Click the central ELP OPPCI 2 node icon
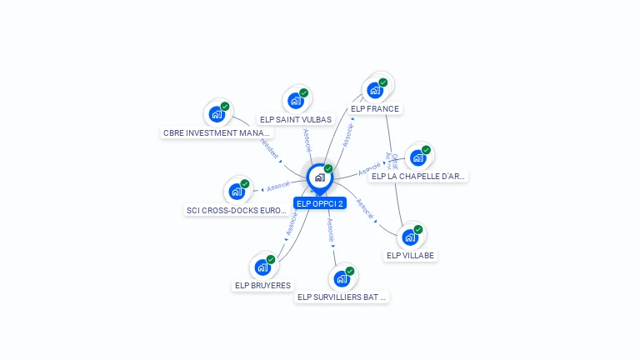pos(319,177)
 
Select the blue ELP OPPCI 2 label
pos(319,203)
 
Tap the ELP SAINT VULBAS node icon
pos(295,100)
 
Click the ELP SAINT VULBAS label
pos(295,120)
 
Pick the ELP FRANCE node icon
pos(375,90)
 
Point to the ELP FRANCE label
pos(375,109)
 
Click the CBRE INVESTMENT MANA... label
pos(217,133)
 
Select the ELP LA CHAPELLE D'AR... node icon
pos(418,157)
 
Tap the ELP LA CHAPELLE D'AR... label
pos(419,177)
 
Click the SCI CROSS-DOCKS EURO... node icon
pos(237,191)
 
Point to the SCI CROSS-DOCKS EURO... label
pos(237,211)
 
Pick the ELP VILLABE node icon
pos(410,237)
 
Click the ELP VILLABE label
pos(410,256)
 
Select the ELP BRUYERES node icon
pos(262,267)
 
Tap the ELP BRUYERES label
pos(262,286)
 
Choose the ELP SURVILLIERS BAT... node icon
pos(342,278)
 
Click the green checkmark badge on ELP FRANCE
pos(383,82)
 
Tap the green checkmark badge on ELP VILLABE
pos(418,229)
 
